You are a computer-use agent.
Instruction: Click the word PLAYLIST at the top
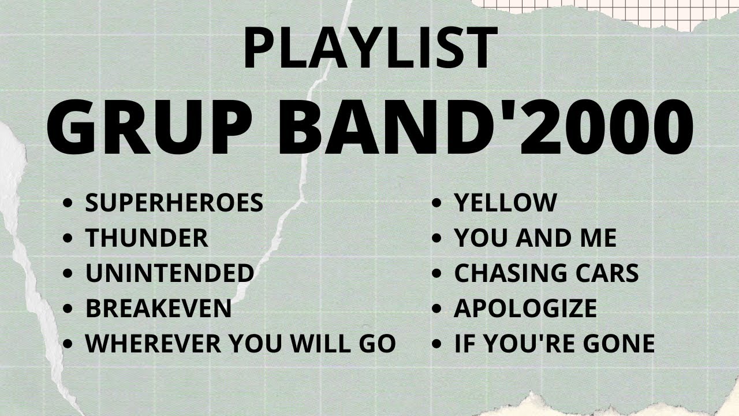(x=369, y=47)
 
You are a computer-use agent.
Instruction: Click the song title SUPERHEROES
(x=174, y=203)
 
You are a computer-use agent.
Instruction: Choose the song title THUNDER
(x=147, y=238)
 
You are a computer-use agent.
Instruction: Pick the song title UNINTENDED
(x=170, y=273)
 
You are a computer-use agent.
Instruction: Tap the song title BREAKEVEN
(x=158, y=309)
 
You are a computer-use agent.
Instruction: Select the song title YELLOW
(x=505, y=203)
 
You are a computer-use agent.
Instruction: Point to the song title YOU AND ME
(x=535, y=238)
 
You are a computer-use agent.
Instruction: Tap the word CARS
(x=610, y=273)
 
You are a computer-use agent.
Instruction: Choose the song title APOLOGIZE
(x=525, y=309)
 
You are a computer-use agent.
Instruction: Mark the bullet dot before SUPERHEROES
(x=69, y=203)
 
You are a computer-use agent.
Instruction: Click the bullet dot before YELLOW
(x=438, y=203)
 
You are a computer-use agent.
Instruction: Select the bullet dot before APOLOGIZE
(x=438, y=309)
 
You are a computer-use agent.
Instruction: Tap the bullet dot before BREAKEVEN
(x=69, y=309)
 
